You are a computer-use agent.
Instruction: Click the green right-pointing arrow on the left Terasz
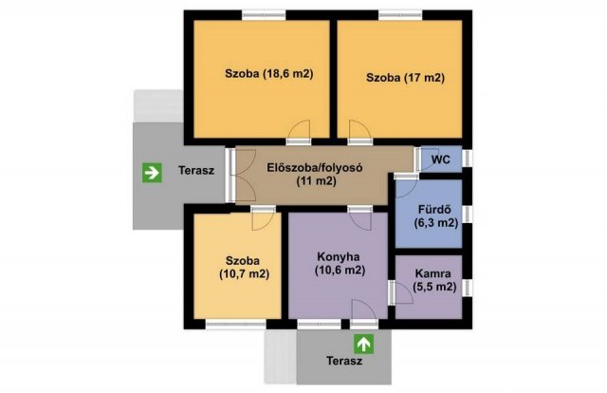coord(152,173)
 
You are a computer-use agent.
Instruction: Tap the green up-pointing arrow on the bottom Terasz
coord(364,345)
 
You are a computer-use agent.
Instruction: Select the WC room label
coord(440,159)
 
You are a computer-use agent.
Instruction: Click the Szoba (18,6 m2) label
coord(269,74)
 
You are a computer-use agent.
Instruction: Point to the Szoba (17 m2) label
coord(405,78)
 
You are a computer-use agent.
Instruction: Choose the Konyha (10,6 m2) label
coord(340,264)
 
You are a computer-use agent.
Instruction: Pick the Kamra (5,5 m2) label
coord(434,280)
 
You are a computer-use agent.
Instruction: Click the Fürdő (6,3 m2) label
coord(435,215)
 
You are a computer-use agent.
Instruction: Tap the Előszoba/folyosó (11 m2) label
coord(316,175)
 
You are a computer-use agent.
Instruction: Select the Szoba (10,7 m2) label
coord(244,268)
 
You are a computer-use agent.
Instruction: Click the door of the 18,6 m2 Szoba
coord(299,132)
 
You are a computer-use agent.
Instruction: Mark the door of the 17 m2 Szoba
coord(360,132)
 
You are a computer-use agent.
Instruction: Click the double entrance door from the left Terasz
coord(241,176)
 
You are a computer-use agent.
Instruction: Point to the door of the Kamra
coord(401,291)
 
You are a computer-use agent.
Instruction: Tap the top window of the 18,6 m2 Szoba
coord(264,15)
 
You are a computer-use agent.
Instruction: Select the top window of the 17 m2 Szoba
coord(400,15)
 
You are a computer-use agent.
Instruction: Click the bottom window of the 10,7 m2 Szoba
coord(236,325)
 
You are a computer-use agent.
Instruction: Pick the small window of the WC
coord(468,159)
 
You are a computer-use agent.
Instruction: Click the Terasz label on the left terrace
coord(196,171)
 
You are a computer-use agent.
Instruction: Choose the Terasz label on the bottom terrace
coord(344,362)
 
